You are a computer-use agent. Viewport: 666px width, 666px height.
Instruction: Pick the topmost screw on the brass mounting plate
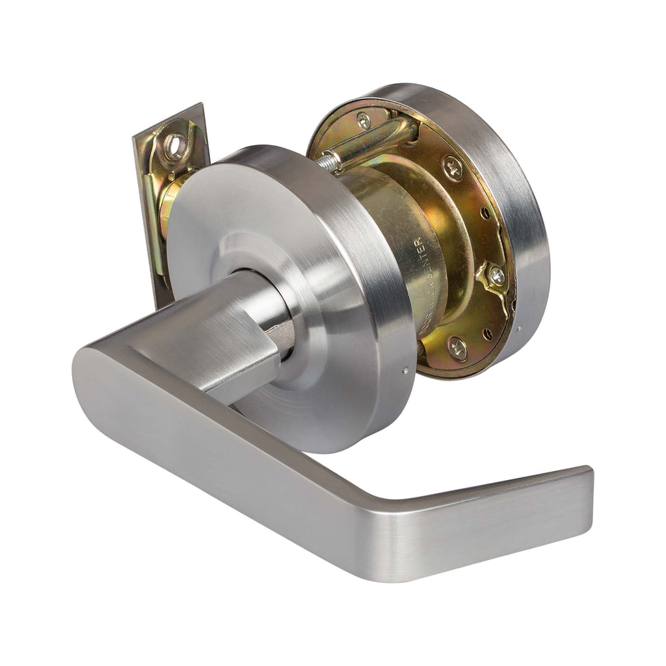coord(364,120)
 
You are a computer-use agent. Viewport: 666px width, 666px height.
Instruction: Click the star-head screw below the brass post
coord(453,167)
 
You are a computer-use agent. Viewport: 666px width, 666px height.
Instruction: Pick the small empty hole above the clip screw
coord(485,213)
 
